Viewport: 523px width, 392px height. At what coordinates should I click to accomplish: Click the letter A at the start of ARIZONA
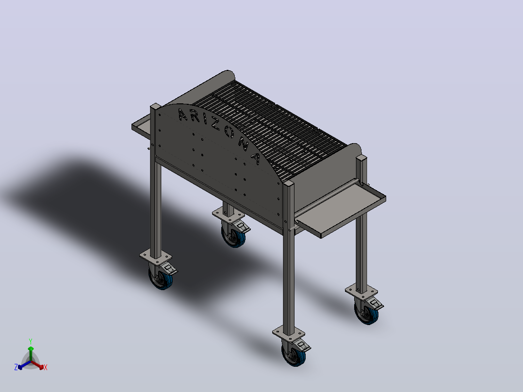click(183, 114)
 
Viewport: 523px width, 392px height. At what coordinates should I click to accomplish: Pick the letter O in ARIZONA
click(230, 132)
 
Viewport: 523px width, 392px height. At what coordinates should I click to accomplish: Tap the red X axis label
click(46, 367)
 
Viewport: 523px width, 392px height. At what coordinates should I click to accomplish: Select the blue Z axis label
click(16, 367)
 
